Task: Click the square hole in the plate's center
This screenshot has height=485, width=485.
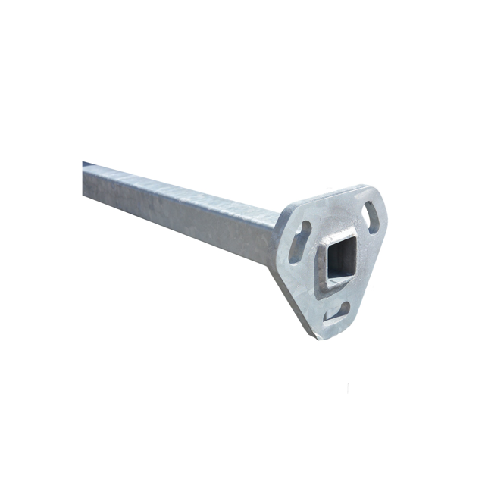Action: pyautogui.click(x=336, y=261)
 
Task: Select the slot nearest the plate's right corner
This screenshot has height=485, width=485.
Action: pyautogui.click(x=372, y=216)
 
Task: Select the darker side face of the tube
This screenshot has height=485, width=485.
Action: pyautogui.click(x=182, y=216)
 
